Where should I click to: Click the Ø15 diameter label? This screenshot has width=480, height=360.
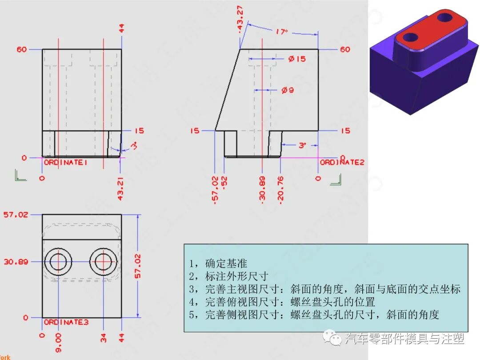pyautogui.click(x=296, y=59)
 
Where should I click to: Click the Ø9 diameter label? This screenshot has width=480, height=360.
pyautogui.click(x=288, y=90)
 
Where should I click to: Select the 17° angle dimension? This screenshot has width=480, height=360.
pyautogui.click(x=281, y=32)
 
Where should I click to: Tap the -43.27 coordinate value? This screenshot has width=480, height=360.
pyautogui.click(x=240, y=19)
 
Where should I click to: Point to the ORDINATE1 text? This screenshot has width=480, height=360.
pyautogui.click(x=65, y=163)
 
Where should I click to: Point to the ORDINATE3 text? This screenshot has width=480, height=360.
pyautogui.click(x=66, y=322)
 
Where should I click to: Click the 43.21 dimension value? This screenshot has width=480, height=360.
pyautogui.click(x=120, y=189)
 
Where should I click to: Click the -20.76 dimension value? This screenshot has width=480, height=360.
pyautogui.click(x=280, y=190)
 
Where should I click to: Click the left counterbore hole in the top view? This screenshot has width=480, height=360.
pyautogui.click(x=58, y=262)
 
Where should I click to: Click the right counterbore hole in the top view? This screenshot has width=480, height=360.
pyautogui.click(x=103, y=262)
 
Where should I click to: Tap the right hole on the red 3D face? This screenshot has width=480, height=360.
pyautogui.click(x=444, y=17)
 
